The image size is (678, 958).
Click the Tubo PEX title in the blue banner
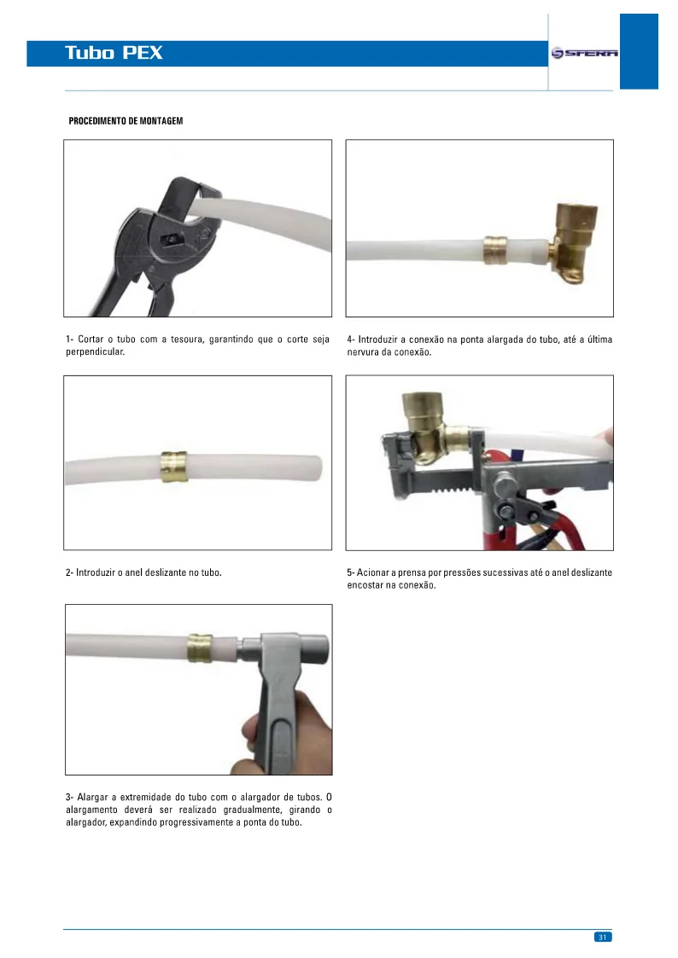114,53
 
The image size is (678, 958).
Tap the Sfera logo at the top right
584,53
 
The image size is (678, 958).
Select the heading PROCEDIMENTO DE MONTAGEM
126,120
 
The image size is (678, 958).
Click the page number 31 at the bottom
602,937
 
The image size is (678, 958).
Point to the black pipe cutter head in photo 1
162,230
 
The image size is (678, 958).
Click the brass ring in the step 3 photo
201,649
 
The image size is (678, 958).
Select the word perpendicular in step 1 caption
95,352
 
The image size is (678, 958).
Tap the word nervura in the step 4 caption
365,352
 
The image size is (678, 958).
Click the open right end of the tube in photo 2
318,467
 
